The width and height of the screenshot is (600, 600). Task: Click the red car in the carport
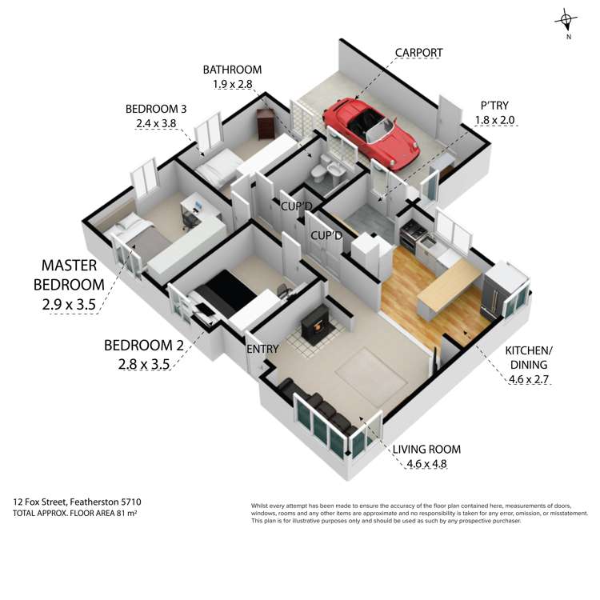pos(370,133)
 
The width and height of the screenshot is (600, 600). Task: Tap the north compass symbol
pos(566,22)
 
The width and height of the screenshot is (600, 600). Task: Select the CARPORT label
pos(418,53)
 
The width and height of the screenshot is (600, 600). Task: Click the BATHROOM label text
pos(232,70)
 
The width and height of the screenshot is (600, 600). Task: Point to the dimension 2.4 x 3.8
pos(156,123)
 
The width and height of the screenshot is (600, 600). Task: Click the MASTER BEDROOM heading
pos(69,275)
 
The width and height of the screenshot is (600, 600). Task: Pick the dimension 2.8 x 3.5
pos(144,364)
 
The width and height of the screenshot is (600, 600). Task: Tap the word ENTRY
pos(262,349)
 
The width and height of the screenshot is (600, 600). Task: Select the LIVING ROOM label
pos(426,450)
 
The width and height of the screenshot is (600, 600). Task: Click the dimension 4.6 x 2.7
pos(529,379)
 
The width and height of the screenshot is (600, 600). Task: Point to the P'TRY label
pos(494,106)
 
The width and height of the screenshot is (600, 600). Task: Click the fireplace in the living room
pos(314,325)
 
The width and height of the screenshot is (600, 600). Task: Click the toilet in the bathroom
pos(318,175)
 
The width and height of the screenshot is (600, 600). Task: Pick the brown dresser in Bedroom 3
pos(266,123)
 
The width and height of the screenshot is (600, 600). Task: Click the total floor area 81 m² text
pos(75,513)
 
